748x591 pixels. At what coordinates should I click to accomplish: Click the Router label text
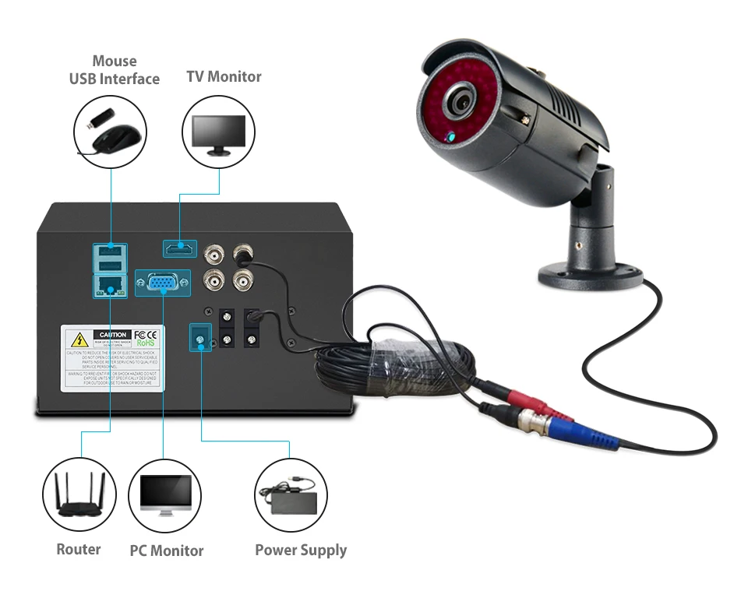coord(79,549)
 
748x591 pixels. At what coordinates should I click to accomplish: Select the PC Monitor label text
coord(166,551)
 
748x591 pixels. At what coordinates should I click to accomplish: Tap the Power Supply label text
coord(301,550)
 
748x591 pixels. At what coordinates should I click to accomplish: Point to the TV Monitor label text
coord(224,76)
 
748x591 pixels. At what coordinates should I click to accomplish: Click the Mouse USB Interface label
coord(114,70)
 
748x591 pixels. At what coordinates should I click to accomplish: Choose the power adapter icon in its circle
coord(291,494)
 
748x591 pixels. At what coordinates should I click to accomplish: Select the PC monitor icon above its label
coord(165,495)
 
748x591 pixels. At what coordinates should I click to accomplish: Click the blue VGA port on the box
coord(162,283)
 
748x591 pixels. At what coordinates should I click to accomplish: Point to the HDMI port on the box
coord(179,249)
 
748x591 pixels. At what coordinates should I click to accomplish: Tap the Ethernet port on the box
coord(108,286)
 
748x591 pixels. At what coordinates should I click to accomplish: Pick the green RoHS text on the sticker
coord(146,342)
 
